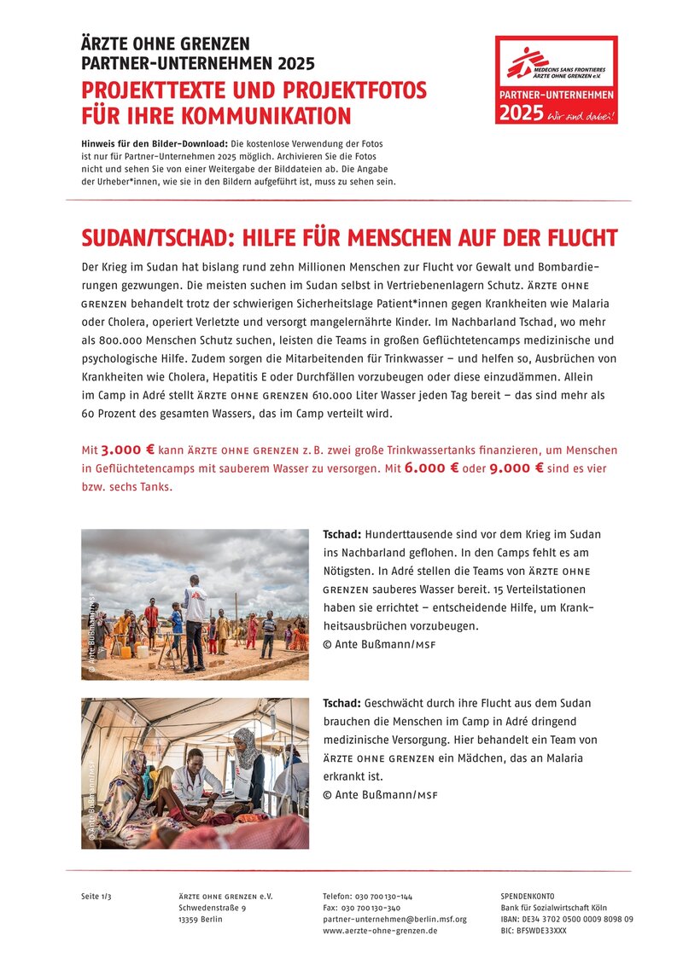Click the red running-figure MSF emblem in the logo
[527, 61]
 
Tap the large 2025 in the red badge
[521, 113]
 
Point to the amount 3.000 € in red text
[128, 450]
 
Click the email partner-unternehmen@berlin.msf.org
[394, 919]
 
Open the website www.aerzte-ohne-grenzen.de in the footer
[380, 931]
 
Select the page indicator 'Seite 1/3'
[96, 897]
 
